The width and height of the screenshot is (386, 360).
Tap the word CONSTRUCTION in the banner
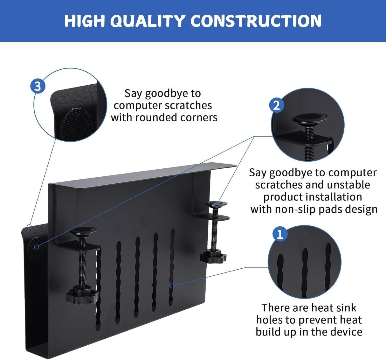click(x=256, y=21)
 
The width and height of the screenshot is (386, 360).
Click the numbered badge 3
click(x=38, y=86)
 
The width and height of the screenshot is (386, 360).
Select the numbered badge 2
click(x=276, y=105)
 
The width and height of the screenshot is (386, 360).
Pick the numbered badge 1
click(x=280, y=235)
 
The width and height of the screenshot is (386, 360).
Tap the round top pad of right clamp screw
click(x=217, y=203)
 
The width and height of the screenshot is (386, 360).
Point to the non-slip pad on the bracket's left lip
click(x=36, y=247)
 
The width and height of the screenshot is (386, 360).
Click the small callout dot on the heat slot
click(x=172, y=286)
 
